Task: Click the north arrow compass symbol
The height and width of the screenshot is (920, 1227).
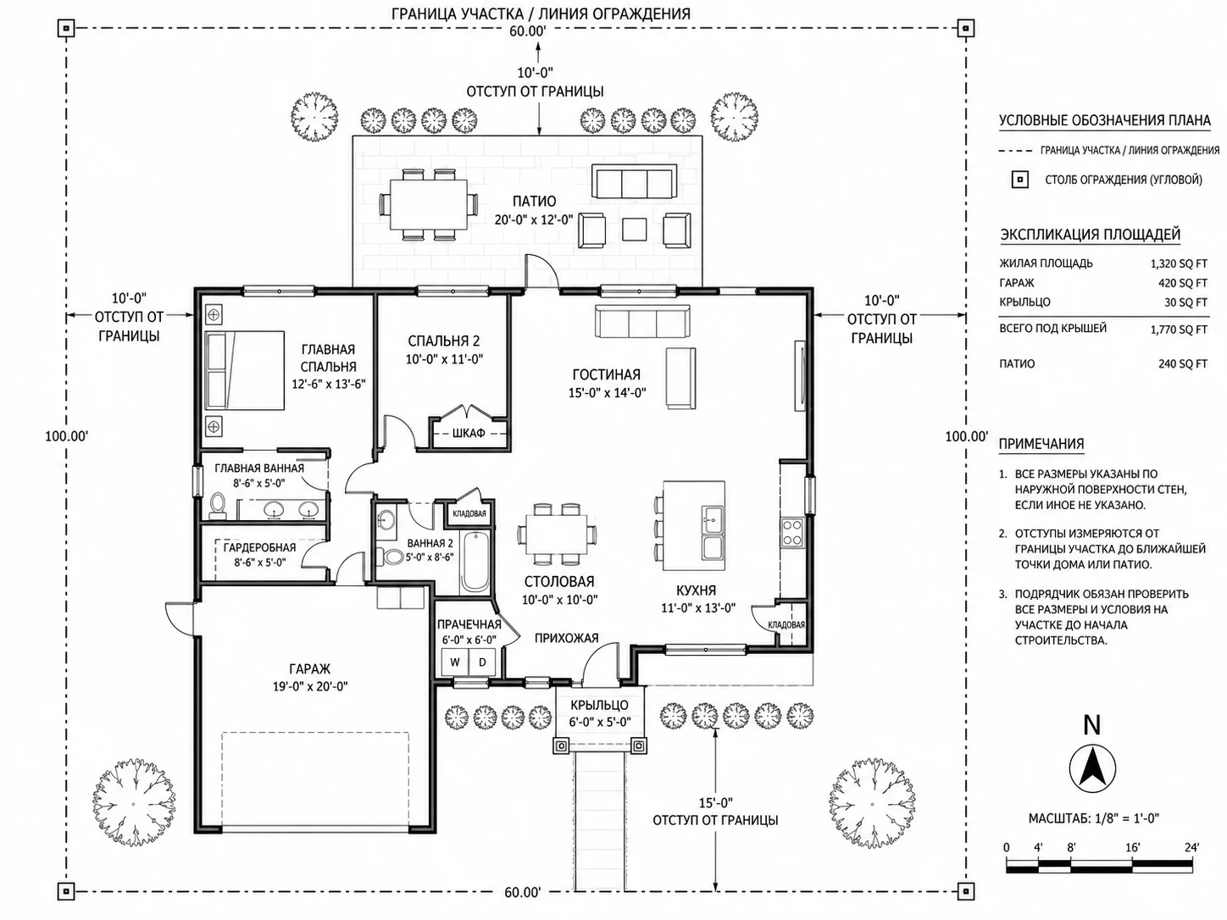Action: click(1091, 767)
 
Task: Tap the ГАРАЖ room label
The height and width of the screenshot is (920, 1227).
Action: click(309, 668)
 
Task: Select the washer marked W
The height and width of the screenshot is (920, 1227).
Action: click(455, 662)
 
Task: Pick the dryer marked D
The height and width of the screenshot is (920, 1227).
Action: click(482, 662)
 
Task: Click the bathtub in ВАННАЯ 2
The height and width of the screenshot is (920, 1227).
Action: click(475, 563)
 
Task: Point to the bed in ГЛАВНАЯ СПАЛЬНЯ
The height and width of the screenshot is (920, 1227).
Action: click(244, 370)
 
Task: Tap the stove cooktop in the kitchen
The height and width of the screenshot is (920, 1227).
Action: click(792, 532)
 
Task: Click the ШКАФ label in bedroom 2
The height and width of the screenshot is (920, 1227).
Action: click(468, 433)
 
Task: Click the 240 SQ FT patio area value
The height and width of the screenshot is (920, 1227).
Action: click(1183, 364)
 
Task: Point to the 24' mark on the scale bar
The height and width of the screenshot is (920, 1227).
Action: click(1191, 847)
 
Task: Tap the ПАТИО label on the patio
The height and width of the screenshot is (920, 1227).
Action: click(534, 201)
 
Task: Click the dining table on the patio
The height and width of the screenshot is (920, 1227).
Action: click(429, 204)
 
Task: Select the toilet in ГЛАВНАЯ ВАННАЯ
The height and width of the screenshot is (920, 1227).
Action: click(218, 505)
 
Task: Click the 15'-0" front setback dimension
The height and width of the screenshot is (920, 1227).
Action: click(715, 803)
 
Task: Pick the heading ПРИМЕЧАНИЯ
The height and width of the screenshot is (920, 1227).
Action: click(1041, 444)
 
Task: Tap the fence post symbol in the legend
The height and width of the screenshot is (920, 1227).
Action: click(1019, 180)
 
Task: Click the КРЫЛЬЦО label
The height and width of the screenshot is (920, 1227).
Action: click(599, 705)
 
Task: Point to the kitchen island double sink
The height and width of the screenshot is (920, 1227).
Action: click(712, 532)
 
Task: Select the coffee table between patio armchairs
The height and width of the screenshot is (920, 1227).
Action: click(634, 229)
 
